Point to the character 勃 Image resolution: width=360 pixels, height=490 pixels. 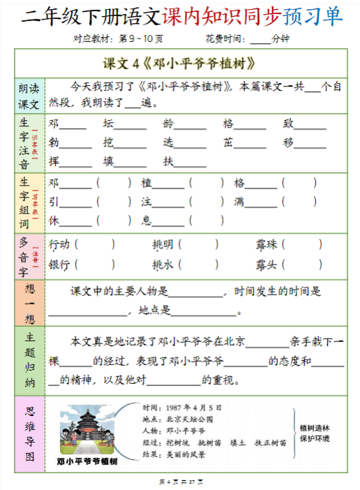point(54,143)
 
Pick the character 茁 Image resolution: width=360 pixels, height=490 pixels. point(228,143)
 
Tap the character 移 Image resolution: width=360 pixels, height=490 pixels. point(288,143)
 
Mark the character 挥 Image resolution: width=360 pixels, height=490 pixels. point(54,162)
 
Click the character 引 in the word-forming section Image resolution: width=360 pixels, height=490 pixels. point(54,202)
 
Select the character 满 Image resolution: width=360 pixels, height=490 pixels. point(239,202)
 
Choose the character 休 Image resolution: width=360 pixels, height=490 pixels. point(54,221)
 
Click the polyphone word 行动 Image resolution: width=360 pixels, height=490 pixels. point(59,245)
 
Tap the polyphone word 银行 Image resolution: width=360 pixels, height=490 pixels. point(59,265)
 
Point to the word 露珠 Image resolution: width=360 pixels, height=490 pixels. point(266,245)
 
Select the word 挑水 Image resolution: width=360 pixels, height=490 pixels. point(163,265)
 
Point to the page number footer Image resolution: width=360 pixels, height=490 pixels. point(180,482)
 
